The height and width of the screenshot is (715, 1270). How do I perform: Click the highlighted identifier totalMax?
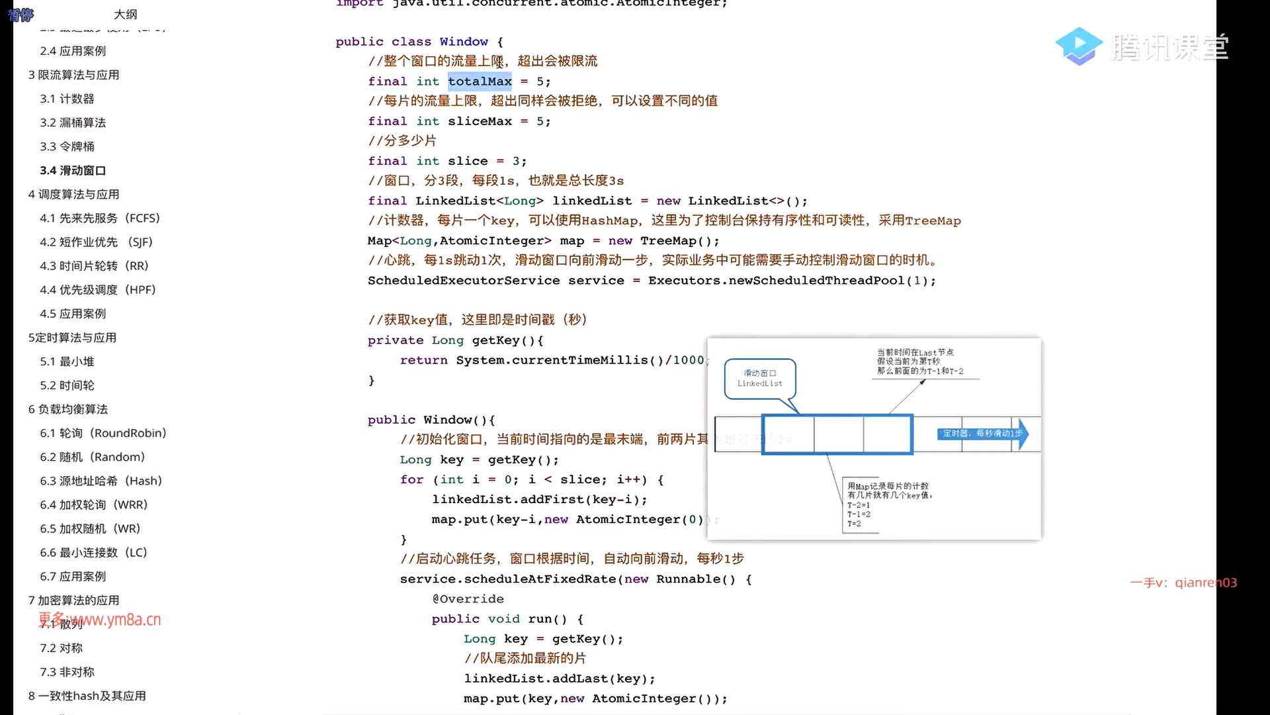(x=480, y=81)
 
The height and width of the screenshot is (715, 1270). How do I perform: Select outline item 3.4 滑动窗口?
(x=73, y=170)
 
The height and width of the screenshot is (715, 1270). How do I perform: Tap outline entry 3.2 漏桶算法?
(x=73, y=122)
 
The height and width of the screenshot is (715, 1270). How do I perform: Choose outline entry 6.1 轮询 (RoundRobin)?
(x=103, y=433)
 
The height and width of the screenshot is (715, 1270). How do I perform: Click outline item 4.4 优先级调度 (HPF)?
(x=97, y=289)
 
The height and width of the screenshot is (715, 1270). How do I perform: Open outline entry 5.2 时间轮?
(x=67, y=385)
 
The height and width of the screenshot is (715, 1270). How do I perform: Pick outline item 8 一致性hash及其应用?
(x=87, y=696)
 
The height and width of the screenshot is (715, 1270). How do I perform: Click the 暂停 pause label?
(x=21, y=15)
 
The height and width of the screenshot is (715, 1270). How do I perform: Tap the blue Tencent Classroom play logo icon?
(x=1078, y=46)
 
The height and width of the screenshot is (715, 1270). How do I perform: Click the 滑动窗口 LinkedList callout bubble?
(x=759, y=379)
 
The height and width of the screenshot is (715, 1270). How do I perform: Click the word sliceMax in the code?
(x=480, y=121)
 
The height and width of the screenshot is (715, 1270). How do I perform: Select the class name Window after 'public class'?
(x=464, y=42)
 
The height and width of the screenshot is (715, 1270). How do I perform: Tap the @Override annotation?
(x=468, y=599)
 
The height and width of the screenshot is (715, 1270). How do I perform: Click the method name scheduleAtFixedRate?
(x=540, y=579)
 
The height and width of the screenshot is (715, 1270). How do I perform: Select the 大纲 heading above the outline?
(x=126, y=15)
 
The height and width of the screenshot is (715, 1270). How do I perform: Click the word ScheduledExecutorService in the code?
(x=464, y=281)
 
